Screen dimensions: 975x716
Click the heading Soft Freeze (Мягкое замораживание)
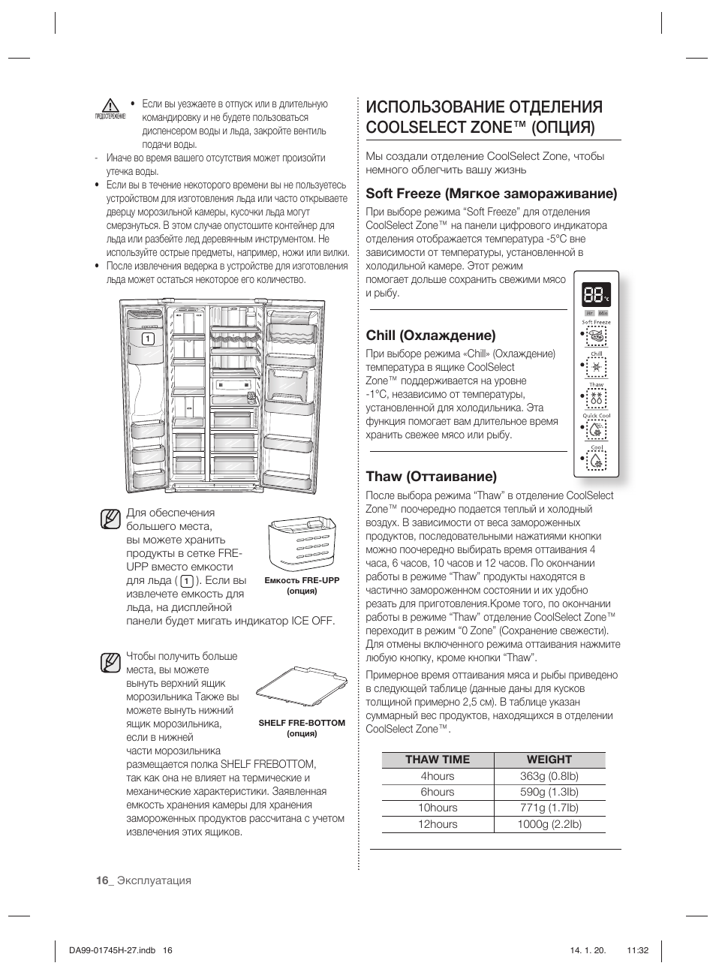[492, 194]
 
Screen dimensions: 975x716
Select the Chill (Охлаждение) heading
[431, 335]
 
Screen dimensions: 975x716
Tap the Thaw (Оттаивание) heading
[431, 476]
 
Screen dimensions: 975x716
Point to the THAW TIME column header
[438, 760]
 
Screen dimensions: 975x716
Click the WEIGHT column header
[549, 760]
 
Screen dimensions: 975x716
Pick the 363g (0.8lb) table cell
[549, 776]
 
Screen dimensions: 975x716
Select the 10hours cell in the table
[438, 808]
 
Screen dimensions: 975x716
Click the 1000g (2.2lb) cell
[549, 824]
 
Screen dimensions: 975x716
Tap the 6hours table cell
[438, 792]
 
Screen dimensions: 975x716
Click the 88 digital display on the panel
[593, 294]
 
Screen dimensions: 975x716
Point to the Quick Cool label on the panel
[597, 415]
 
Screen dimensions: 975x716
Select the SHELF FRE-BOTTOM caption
[302, 723]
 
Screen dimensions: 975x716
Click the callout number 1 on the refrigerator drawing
[149, 339]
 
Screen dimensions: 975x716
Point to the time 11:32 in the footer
[636, 949]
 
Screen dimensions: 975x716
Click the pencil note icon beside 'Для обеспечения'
[110, 519]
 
